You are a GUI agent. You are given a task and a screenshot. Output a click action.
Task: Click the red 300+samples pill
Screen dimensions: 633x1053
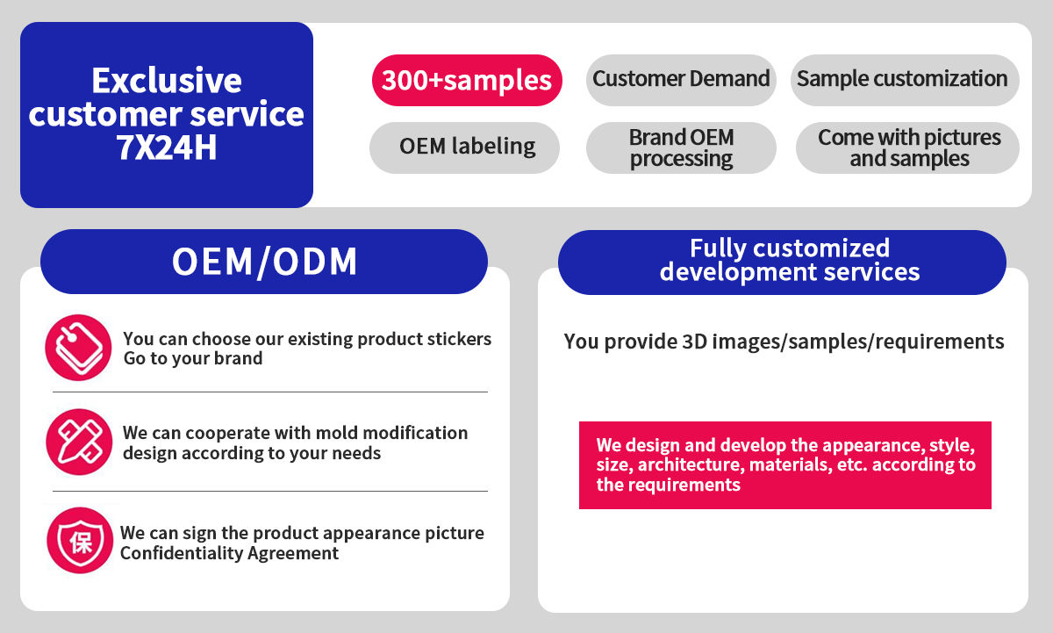coord(466,81)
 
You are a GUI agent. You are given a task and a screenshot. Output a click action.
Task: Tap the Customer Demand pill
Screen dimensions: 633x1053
coord(681,79)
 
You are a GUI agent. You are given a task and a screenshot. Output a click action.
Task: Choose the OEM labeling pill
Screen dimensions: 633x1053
coord(466,146)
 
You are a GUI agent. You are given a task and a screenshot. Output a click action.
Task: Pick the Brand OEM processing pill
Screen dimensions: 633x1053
coord(681,147)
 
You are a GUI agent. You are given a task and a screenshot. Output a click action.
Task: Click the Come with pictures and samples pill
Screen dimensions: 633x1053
coord(908,147)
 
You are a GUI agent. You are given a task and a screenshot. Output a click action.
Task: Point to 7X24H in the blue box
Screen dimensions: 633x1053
coord(167,147)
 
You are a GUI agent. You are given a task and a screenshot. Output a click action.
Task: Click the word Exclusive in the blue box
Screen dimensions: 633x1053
coord(167,81)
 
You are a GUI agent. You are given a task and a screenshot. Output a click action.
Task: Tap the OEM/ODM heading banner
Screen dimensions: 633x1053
coord(264,262)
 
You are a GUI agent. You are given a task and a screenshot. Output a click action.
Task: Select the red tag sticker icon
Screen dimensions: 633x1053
coord(79,348)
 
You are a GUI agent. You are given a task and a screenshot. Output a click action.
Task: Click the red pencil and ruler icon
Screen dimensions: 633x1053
coord(79,442)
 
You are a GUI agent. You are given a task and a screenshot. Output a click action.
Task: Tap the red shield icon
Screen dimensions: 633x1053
coord(80,541)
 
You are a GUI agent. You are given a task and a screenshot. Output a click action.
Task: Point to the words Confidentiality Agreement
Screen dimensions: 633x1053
coord(229,553)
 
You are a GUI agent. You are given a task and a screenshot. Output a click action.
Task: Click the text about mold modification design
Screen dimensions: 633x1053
coord(295,442)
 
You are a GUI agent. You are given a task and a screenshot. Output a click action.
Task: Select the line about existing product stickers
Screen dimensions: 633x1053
coord(307,339)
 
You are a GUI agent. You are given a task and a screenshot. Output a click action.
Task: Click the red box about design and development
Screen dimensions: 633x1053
coord(784,464)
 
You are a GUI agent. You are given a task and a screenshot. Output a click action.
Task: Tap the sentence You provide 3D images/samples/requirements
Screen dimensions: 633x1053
coord(784,342)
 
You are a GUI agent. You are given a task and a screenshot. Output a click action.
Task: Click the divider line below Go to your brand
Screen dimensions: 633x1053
coord(269,392)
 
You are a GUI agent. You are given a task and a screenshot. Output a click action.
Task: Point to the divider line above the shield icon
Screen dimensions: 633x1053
coord(269,491)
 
